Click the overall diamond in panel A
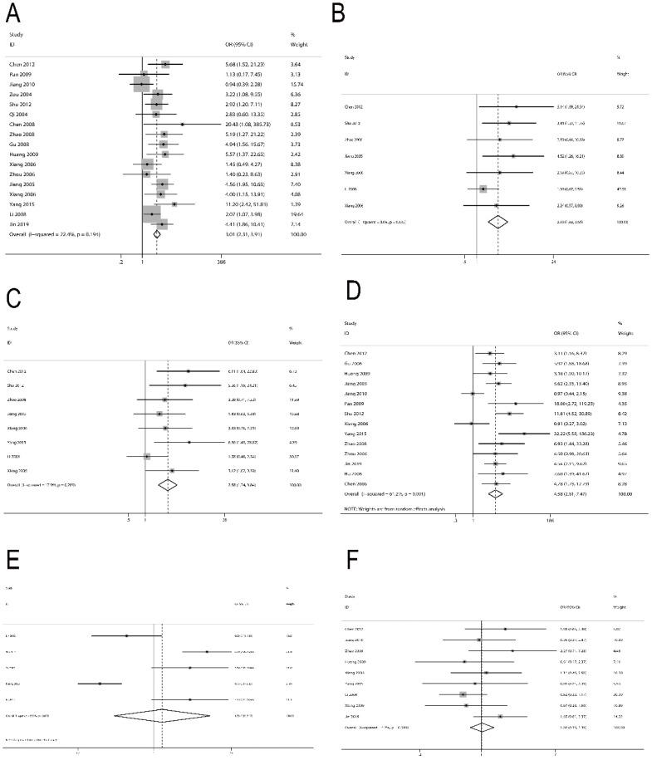pyautogui.click(x=156, y=234)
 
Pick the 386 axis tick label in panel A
pyautogui.click(x=221, y=262)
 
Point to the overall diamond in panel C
pyautogui.click(x=168, y=484)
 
